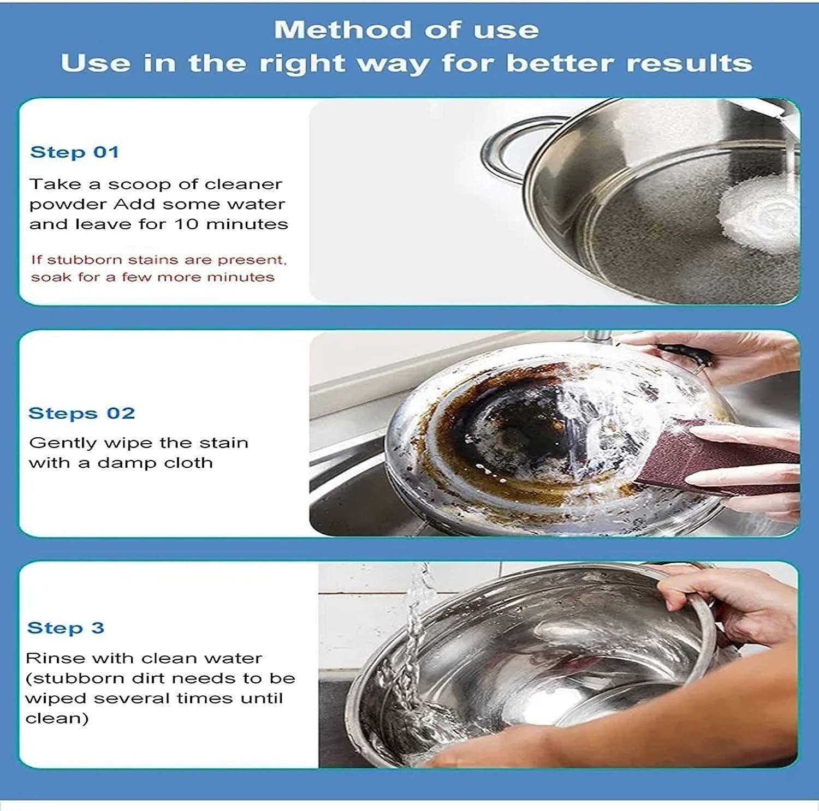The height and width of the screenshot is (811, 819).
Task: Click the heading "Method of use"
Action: pyautogui.click(x=406, y=29)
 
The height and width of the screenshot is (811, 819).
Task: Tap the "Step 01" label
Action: pyautogui.click(x=74, y=152)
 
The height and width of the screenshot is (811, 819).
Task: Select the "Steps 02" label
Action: pyautogui.click(x=81, y=413)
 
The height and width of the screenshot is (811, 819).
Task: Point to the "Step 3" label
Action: pyautogui.click(x=66, y=628)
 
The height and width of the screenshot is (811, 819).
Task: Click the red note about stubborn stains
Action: pyautogui.click(x=158, y=268)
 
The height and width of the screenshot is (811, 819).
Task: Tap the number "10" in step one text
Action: pyautogui.click(x=187, y=224)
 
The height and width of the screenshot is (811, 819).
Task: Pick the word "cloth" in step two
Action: pyautogui.click(x=189, y=463)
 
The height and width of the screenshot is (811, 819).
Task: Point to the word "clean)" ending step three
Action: pyautogui.click(x=57, y=718)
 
